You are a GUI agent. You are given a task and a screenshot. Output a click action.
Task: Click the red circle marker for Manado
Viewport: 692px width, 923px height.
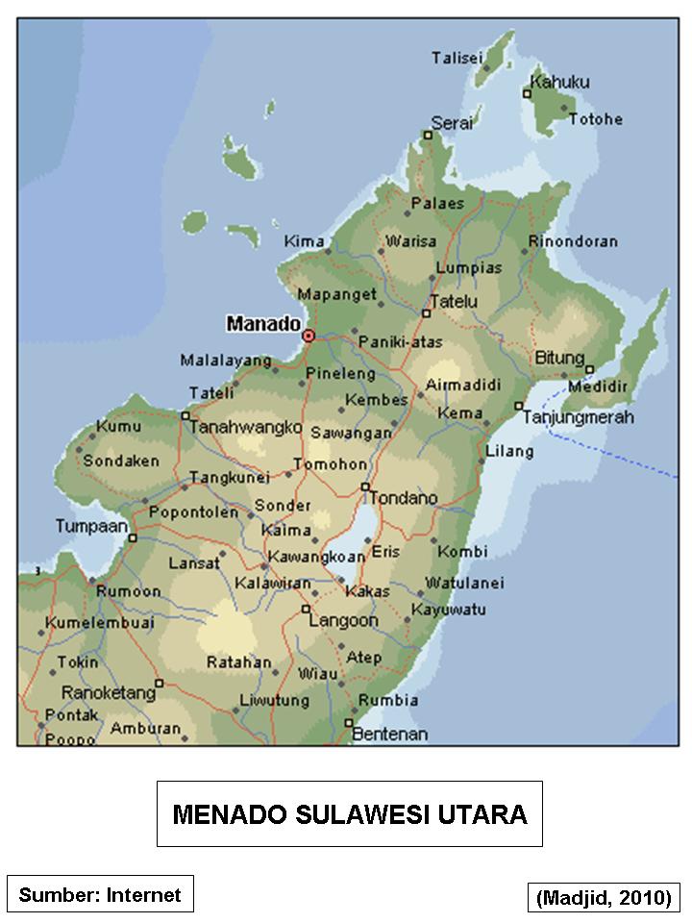tap(309, 336)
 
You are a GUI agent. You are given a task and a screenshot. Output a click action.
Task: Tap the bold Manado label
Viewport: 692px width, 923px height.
tap(262, 324)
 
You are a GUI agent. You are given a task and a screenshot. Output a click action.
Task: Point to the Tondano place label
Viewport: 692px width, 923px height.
tap(404, 498)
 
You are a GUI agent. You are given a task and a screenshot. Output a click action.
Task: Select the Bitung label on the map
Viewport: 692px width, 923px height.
tap(559, 358)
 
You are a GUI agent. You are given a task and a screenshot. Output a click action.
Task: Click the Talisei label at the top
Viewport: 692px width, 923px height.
tap(457, 58)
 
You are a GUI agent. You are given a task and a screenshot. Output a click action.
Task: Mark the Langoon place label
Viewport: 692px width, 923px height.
tap(343, 621)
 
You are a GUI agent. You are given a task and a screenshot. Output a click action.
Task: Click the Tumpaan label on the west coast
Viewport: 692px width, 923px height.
tap(91, 526)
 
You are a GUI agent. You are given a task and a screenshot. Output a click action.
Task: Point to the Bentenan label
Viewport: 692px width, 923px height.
tap(389, 735)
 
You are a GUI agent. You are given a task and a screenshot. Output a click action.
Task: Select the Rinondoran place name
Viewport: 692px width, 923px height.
tap(574, 241)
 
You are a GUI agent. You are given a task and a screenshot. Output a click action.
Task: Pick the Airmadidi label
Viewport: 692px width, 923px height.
tap(463, 385)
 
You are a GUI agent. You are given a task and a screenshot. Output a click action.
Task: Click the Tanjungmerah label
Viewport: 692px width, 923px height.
tap(578, 417)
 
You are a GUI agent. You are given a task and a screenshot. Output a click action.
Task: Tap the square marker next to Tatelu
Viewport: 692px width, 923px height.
tap(427, 313)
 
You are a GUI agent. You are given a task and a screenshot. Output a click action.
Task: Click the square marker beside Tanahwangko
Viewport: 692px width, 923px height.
tap(185, 415)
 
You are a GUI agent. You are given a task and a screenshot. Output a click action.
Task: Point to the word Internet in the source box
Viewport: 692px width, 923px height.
tap(143, 895)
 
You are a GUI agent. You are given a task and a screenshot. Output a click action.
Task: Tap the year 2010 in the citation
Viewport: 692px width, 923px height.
tap(646, 898)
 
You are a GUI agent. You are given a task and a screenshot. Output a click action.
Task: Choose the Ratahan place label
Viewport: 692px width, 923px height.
tap(239, 662)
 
